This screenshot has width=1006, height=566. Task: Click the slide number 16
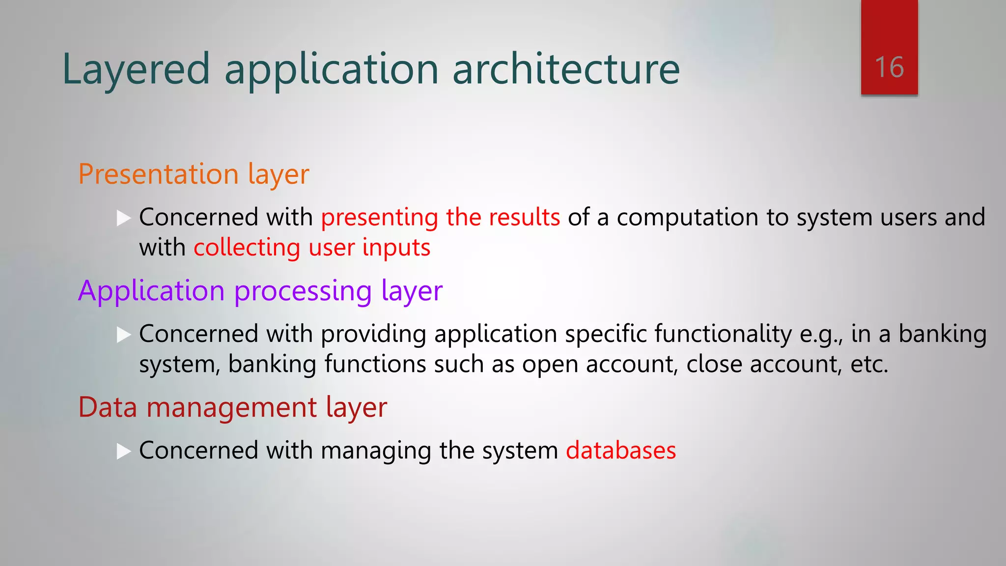889,67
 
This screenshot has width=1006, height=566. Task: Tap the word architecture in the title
566,69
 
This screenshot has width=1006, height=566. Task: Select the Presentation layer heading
194,174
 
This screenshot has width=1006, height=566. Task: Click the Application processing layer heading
260,291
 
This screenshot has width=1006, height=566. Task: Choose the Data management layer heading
232,407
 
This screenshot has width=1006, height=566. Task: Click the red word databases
621,450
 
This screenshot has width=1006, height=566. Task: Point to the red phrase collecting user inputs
312,247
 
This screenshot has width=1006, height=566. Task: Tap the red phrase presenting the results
440,217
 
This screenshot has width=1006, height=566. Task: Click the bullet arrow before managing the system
124,451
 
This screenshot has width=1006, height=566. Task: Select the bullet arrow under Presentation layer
124,218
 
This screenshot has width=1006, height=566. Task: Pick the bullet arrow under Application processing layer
124,335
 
